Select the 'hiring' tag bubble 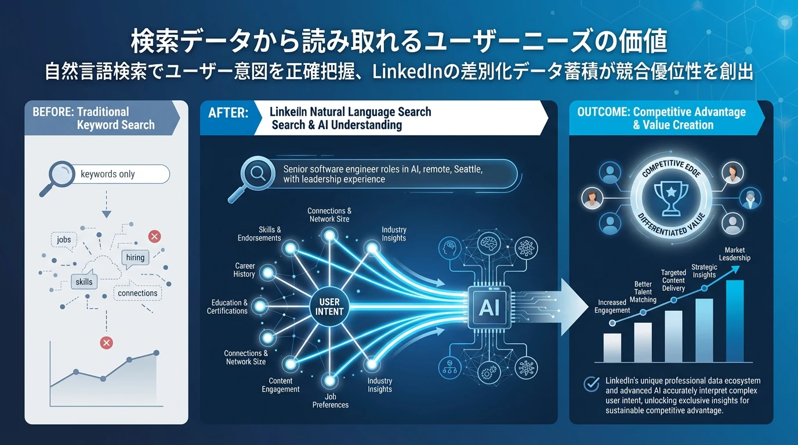tap(135, 257)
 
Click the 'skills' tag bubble tap(84, 282)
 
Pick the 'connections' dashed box tap(137, 293)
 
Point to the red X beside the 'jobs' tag tap(154, 236)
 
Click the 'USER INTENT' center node tap(329, 307)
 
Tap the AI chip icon tap(489, 307)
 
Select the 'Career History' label tap(244, 270)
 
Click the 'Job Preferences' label tap(331, 400)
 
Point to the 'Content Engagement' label tap(281, 385)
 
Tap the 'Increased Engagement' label tap(612, 306)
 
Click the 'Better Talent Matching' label tap(643, 292)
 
